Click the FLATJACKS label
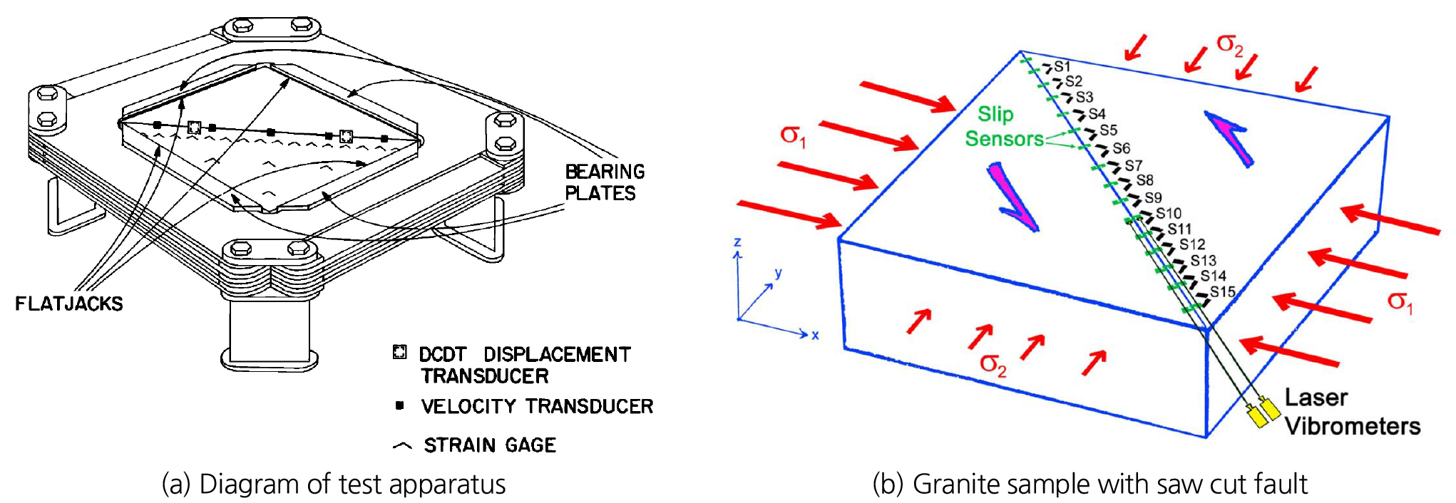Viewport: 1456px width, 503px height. (x=69, y=304)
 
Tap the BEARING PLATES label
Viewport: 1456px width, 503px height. (x=605, y=182)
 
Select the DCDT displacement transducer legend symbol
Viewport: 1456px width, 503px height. (x=400, y=352)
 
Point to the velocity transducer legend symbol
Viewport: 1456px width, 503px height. (x=400, y=405)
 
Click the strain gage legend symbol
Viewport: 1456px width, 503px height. (x=402, y=446)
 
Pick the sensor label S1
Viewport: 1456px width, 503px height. (x=1062, y=66)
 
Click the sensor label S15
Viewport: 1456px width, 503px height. (x=1222, y=291)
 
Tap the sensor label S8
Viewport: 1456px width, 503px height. (x=1144, y=180)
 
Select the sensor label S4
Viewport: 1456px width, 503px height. (x=1097, y=114)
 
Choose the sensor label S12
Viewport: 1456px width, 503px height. (x=1192, y=244)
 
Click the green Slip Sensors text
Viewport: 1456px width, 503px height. (x=1004, y=126)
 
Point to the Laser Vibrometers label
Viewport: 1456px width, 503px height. (x=1352, y=412)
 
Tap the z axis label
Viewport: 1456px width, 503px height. (x=737, y=242)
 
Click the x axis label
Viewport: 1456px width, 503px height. (x=815, y=335)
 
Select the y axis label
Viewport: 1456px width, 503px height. (x=779, y=273)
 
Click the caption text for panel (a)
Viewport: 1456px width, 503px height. (x=334, y=484)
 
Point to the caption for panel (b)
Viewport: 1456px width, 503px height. (x=1090, y=484)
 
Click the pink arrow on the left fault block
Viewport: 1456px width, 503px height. (x=1012, y=197)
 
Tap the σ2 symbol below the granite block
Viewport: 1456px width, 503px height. (x=993, y=365)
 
